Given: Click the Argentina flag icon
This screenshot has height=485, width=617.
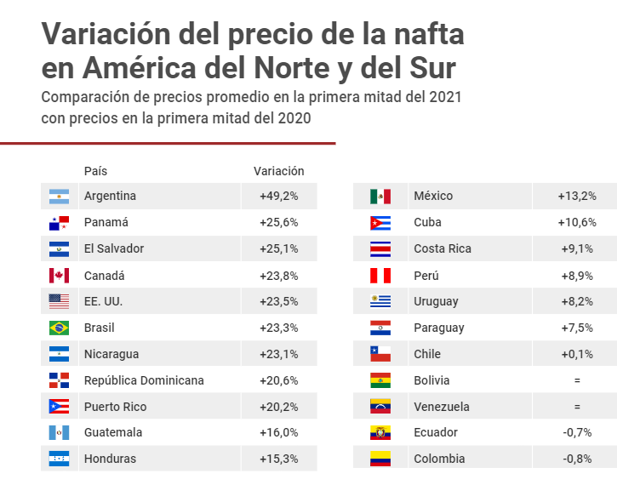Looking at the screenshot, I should point(59,196).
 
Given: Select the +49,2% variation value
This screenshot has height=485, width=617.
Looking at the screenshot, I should point(279,196).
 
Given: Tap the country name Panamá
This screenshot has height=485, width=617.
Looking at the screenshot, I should point(106,222).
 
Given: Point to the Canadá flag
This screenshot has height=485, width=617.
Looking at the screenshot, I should point(59,275).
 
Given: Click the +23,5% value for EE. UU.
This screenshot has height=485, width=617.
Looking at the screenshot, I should point(279,301).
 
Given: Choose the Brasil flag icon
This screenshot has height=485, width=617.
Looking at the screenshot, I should point(59,328).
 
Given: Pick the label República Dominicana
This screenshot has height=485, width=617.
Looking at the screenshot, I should point(144,380).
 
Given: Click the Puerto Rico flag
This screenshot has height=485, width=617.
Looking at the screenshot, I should point(59,407).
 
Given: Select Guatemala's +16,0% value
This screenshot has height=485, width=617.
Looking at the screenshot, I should point(279,432).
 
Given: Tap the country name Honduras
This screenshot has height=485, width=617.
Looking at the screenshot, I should point(110,459).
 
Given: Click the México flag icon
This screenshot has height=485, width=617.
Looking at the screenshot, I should point(380,197).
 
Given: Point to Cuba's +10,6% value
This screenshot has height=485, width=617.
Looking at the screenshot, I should point(577,222).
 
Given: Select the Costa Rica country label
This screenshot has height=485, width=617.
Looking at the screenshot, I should point(443,248).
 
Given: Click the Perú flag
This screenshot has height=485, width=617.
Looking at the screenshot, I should point(380,276).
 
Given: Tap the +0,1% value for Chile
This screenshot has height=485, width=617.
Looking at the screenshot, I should point(577,354).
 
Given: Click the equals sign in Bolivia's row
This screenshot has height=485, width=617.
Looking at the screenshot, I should point(577,380).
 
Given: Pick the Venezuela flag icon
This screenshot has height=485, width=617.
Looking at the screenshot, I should point(380,407).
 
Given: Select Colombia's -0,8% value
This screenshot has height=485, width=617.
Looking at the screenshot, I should point(577,459).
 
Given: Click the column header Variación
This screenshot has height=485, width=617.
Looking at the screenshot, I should point(279,171).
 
